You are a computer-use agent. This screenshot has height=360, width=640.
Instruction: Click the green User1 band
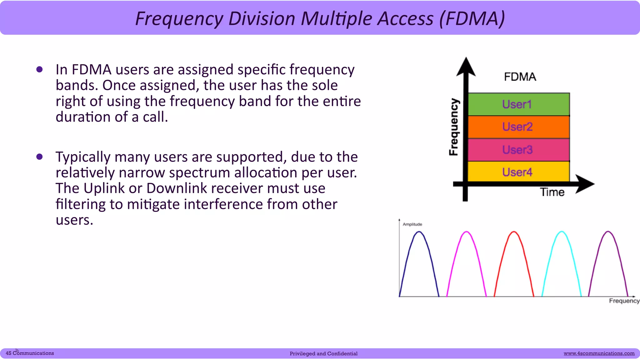click(518, 104)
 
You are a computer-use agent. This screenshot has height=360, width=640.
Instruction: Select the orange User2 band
click(518, 127)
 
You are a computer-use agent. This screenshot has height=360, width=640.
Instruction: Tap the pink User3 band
click(518, 150)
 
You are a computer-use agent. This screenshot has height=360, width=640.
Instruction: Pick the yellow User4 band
click(518, 172)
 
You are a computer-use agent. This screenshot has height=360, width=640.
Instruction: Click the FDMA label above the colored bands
click(520, 77)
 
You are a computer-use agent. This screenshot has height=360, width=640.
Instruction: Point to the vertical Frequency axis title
click(454, 127)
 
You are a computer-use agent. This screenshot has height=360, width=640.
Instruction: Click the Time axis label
click(552, 192)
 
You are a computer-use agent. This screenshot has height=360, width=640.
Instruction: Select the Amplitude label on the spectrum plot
click(412, 224)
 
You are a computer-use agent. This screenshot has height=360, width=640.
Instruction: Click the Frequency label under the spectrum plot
click(624, 301)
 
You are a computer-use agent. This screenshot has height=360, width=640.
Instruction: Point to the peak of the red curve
click(514, 232)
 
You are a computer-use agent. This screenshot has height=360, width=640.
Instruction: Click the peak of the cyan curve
click(562, 232)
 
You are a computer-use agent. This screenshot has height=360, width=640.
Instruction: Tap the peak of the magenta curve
click(467, 232)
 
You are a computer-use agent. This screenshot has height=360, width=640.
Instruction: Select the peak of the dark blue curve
click(419, 232)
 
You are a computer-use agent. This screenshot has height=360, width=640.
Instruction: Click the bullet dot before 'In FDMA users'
click(39, 69)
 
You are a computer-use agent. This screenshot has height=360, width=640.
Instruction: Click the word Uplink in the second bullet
click(104, 188)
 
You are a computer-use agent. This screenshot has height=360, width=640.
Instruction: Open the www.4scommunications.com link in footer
click(599, 353)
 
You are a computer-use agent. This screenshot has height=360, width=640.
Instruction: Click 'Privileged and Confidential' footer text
click(323, 354)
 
